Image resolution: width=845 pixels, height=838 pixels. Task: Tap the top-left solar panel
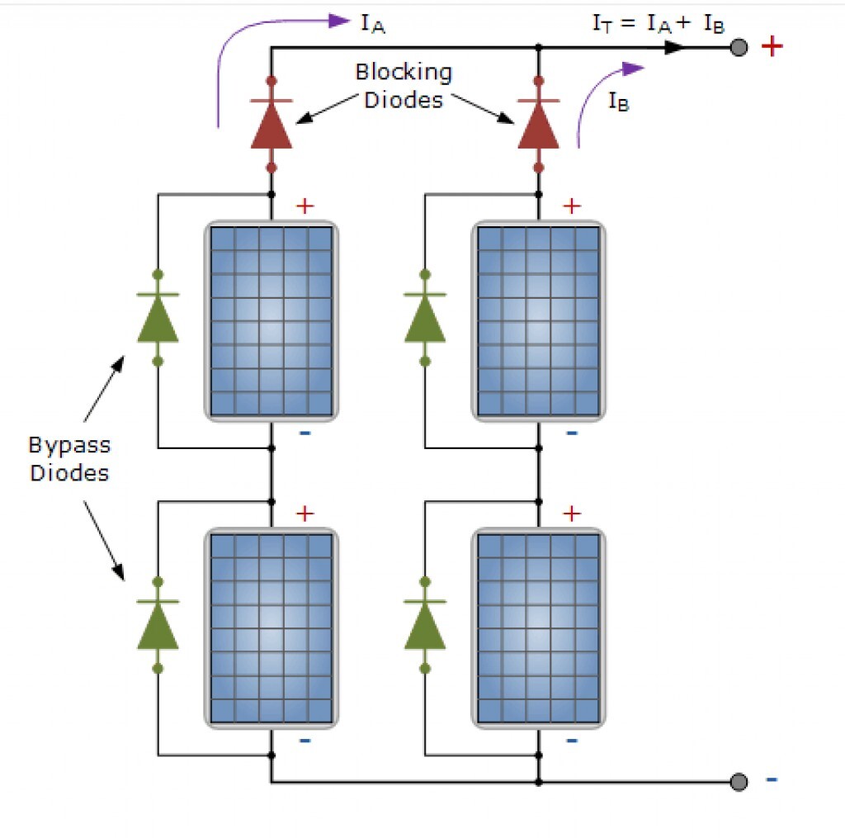click(271, 320)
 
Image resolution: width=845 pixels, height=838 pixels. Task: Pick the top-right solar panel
click(538, 320)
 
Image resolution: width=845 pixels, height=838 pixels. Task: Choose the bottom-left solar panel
click(271, 627)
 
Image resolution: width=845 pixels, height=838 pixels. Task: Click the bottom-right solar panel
click(538, 627)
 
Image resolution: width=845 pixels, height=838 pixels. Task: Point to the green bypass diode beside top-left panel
click(158, 319)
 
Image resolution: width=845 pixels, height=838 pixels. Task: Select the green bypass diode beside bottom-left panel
click(158, 625)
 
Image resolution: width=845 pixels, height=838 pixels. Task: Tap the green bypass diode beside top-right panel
click(425, 319)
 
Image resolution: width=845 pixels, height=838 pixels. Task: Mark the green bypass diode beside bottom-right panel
click(425, 625)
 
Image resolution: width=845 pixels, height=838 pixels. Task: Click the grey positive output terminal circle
click(739, 48)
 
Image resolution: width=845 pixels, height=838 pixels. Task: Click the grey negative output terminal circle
click(739, 781)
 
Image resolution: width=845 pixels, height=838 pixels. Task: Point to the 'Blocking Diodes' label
click(404, 86)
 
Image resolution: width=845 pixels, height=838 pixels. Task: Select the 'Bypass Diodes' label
click(70, 459)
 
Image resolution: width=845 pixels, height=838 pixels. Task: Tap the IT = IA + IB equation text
click(659, 24)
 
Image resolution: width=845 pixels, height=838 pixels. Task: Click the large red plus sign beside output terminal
click(772, 46)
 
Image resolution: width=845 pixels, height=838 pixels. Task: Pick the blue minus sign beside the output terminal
click(772, 779)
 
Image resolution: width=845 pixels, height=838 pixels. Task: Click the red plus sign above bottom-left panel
click(304, 514)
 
